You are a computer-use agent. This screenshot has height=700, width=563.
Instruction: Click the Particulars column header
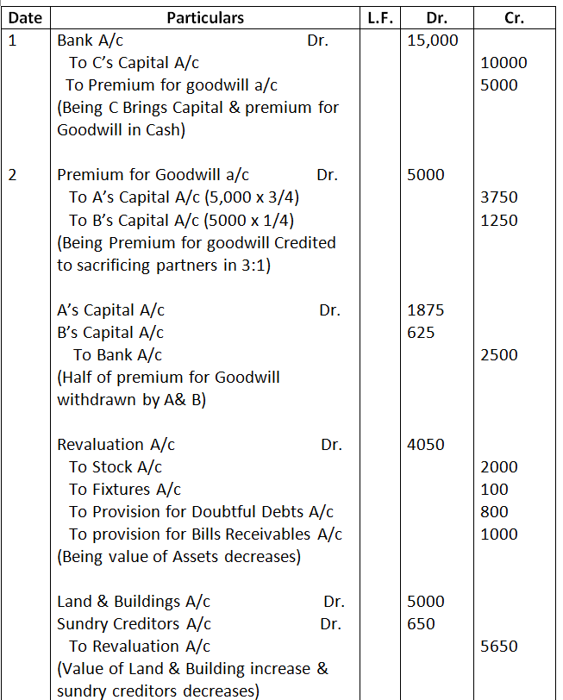(x=204, y=17)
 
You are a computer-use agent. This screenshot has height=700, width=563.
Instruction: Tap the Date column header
(x=24, y=17)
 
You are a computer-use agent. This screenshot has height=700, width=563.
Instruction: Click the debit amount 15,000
(x=432, y=40)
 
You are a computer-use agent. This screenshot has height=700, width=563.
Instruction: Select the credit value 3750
(x=499, y=197)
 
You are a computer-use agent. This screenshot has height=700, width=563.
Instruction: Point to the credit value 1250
(x=499, y=220)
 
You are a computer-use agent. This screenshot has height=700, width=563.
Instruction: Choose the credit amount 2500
(x=499, y=355)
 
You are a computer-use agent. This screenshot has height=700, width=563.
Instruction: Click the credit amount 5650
(x=499, y=647)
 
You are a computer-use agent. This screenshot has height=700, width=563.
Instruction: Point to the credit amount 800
(x=495, y=512)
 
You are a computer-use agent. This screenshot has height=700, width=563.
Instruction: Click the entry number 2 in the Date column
(x=12, y=175)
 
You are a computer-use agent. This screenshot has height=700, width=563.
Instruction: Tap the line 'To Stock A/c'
(x=116, y=467)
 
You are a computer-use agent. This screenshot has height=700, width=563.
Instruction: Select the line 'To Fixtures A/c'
(x=125, y=490)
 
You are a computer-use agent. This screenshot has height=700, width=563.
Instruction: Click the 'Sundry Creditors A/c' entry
(x=134, y=624)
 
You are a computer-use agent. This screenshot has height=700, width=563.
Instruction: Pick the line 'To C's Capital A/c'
(x=135, y=62)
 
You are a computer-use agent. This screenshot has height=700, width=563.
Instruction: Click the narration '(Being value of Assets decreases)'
(x=178, y=557)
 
